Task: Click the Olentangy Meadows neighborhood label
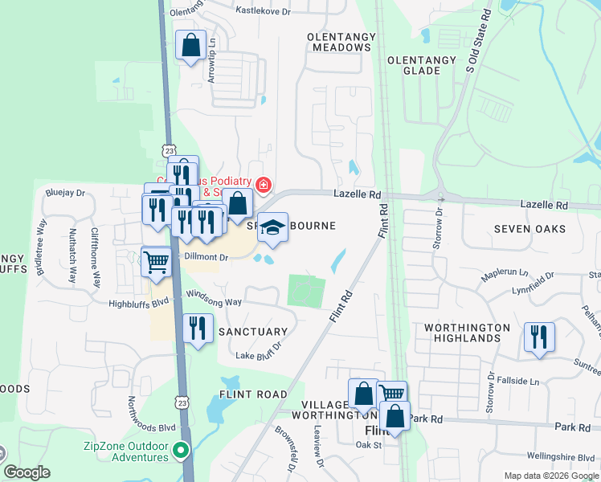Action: pos(340,42)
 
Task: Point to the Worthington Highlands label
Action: pos(467,333)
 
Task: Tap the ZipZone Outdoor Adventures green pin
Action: pos(181,450)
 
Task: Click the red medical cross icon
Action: pos(263,186)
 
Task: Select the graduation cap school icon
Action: pos(272,228)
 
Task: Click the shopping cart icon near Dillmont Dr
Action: pos(157,260)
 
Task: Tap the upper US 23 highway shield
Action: pos(167,150)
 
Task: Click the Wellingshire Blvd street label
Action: pos(566,457)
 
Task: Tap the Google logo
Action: pos(27,472)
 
